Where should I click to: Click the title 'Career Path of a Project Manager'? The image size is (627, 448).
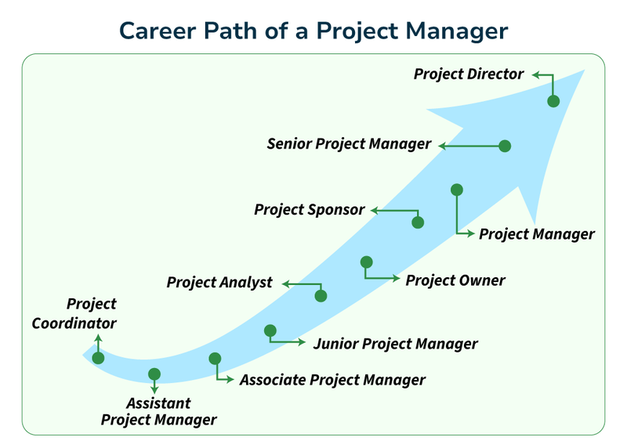[313, 30]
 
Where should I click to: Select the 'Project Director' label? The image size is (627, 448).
[468, 74]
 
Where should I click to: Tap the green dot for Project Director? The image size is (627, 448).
[553, 101]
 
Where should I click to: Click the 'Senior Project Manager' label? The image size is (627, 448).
[349, 144]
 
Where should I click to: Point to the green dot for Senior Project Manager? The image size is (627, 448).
[505, 146]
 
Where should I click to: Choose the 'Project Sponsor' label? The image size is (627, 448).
[310, 210]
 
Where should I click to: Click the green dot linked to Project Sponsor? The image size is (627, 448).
[418, 222]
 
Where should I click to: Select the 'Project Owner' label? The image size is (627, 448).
[455, 280]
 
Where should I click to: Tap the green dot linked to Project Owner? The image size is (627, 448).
[366, 262]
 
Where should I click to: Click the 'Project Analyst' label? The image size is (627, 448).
[219, 282]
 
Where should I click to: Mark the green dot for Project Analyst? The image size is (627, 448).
[320, 295]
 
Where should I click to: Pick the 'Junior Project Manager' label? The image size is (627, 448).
[395, 343]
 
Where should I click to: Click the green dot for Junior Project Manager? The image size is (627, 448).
[270, 331]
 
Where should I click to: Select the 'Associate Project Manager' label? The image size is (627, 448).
[332, 380]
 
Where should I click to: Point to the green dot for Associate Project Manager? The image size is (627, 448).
[215, 359]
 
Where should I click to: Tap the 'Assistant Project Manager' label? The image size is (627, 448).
[158, 412]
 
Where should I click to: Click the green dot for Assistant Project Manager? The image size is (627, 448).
[154, 374]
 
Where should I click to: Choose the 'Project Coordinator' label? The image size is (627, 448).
[74, 313]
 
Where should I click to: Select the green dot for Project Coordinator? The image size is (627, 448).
[98, 358]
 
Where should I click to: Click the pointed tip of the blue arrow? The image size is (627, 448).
[584, 71]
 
